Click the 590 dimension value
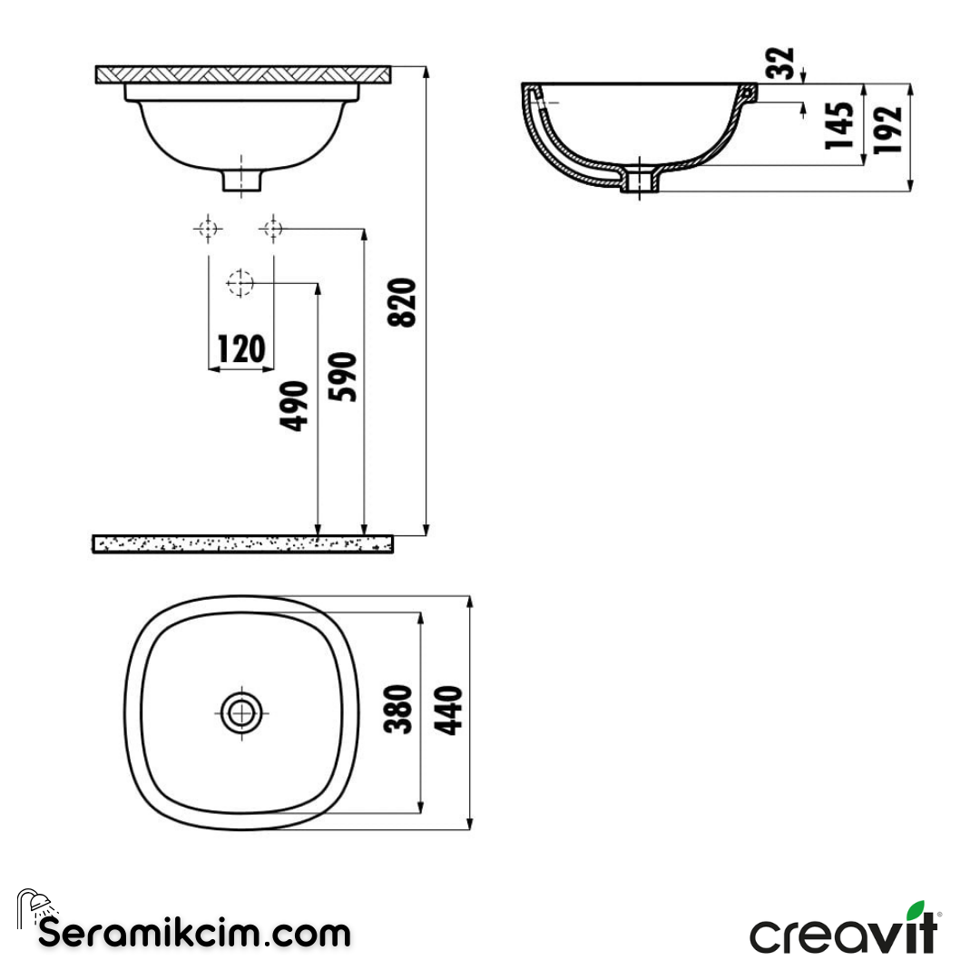tap(348, 377)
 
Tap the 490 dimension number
tap(297, 407)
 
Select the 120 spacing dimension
tap(240, 348)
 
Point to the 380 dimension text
tap(400, 710)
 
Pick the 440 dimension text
tap(448, 710)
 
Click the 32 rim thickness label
tap(782, 63)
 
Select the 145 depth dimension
tap(840, 125)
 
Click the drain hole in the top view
tap(242, 712)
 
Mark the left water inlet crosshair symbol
tap(209, 229)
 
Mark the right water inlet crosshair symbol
tap(272, 229)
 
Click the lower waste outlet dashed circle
tap(240, 284)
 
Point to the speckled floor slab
tap(243, 544)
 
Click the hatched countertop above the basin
tap(243, 74)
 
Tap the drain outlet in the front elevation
tap(242, 178)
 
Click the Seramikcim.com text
tap(194, 932)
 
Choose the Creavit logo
tap(844, 929)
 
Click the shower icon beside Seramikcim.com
tap(34, 906)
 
